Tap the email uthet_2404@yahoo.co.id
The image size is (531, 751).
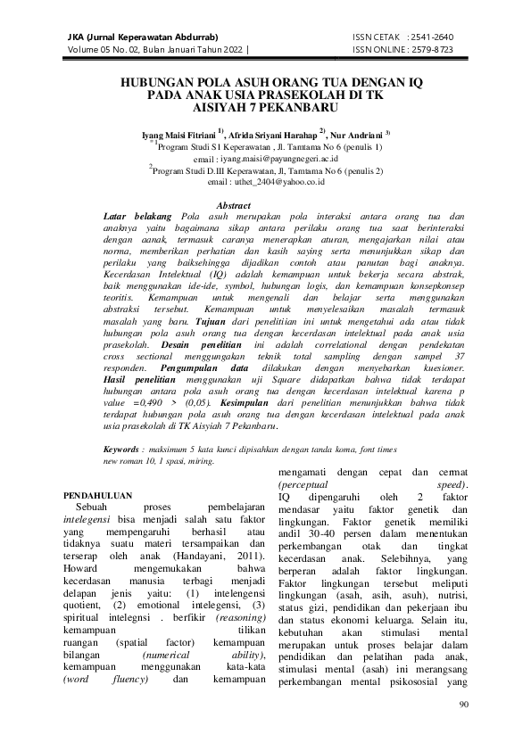coord(267,181)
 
